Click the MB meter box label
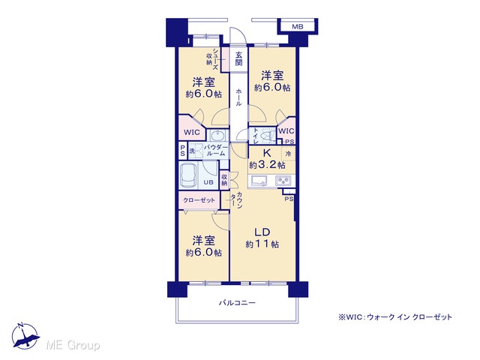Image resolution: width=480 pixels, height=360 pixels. (297, 27)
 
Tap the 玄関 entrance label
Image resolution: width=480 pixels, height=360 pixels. (238, 58)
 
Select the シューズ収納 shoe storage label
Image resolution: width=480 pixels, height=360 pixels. (212, 58)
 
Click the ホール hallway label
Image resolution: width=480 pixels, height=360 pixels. (238, 97)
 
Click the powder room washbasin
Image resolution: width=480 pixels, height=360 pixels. (217, 135)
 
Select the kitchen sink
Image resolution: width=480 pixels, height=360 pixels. (259, 181)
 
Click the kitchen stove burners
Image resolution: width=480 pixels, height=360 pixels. (284, 181)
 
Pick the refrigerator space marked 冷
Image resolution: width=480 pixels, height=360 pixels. (288, 154)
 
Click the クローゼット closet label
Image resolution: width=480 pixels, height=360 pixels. (199, 200)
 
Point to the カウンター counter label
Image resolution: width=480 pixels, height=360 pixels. (236, 200)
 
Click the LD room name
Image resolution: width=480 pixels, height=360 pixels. (262, 232)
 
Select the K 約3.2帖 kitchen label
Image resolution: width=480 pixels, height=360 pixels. (267, 159)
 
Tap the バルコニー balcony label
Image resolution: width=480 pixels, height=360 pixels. (237, 303)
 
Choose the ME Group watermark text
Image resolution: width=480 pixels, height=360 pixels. (73, 345)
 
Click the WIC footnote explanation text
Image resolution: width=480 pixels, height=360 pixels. (395, 317)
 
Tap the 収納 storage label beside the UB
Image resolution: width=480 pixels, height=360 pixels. (224, 180)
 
